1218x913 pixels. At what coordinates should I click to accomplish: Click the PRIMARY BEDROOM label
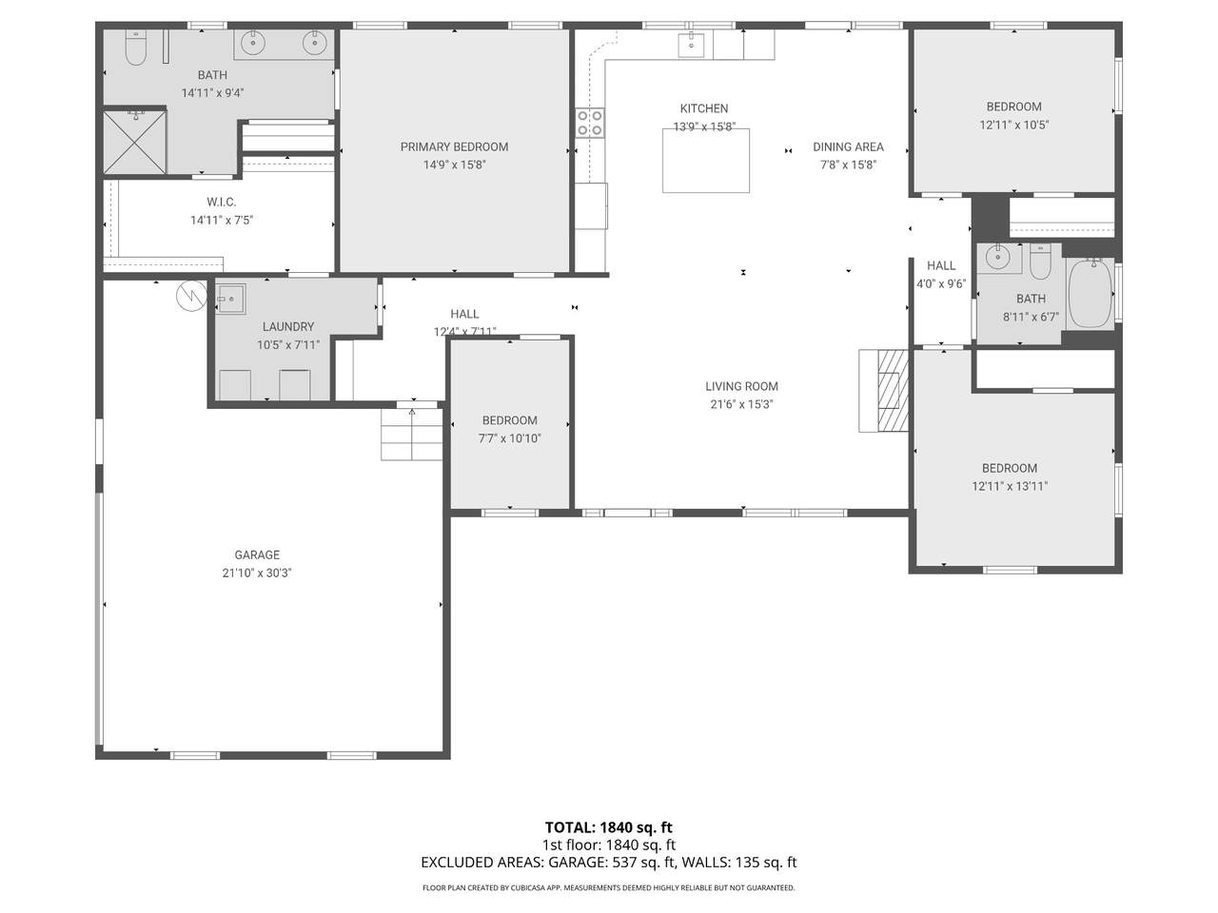click(x=454, y=146)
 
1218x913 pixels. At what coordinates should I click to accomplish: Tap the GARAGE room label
click(x=257, y=554)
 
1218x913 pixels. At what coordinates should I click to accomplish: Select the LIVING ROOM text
click(x=741, y=386)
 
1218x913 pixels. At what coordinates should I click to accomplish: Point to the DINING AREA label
click(x=848, y=146)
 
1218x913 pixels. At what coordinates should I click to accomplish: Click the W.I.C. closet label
click(x=222, y=203)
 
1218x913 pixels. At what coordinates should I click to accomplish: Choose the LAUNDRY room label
click(x=288, y=327)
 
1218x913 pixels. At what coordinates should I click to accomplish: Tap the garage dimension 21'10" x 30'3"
click(x=257, y=573)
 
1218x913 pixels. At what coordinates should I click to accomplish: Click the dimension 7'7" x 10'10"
click(x=509, y=438)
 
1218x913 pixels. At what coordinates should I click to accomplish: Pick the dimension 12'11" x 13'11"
click(x=1010, y=486)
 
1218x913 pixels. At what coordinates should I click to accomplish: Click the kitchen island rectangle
click(x=706, y=161)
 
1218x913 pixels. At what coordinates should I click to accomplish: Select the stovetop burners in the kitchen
click(x=590, y=123)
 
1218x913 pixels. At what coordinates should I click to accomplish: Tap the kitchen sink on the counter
click(x=691, y=45)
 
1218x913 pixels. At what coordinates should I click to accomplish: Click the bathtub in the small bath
click(x=1090, y=294)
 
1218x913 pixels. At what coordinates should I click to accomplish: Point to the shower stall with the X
click(x=135, y=142)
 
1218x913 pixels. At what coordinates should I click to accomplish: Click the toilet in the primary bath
click(x=135, y=48)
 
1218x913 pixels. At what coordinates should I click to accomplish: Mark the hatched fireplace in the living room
click(x=893, y=390)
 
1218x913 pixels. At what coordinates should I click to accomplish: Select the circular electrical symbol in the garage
click(x=191, y=296)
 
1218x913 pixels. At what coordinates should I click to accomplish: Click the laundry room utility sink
click(x=231, y=300)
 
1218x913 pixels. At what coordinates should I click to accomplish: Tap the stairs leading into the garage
click(x=411, y=434)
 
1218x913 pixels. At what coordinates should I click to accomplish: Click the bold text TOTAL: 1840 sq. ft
click(x=609, y=827)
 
